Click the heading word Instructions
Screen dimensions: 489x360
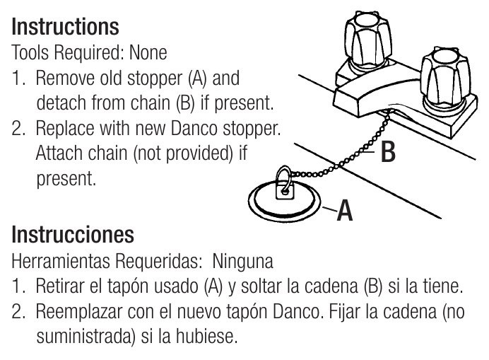pyautogui.click(x=65, y=27)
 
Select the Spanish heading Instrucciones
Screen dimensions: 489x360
pyautogui.click(x=73, y=234)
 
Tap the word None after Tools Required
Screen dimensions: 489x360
pyautogui.click(x=148, y=52)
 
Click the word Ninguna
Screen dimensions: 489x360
pyautogui.click(x=242, y=261)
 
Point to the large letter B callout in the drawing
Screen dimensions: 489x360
pyautogui.click(x=388, y=152)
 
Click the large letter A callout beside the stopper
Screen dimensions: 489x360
pyautogui.click(x=345, y=210)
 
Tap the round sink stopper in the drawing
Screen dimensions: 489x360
pyautogui.click(x=284, y=202)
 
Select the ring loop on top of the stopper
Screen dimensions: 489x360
pyautogui.click(x=283, y=177)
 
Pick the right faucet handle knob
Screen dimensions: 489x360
pyautogui.click(x=445, y=76)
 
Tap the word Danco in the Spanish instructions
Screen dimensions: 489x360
pyautogui.click(x=296, y=311)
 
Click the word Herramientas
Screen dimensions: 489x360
pyautogui.click(x=61, y=261)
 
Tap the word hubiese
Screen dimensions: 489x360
pyautogui.click(x=206, y=336)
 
